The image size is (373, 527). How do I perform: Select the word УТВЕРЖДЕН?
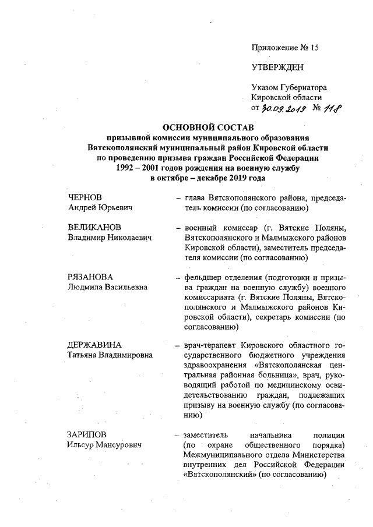277,67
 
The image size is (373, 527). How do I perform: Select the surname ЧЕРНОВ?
87,198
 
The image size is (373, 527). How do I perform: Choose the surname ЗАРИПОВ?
89,434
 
